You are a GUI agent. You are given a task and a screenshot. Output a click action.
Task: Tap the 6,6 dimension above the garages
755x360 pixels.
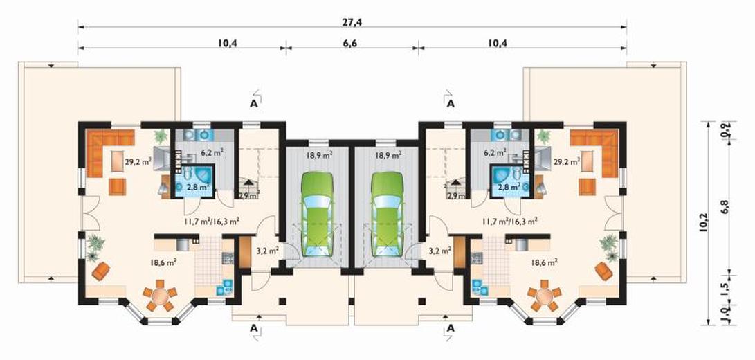(x=350, y=43)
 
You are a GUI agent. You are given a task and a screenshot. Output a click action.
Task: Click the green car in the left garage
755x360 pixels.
(x=318, y=213)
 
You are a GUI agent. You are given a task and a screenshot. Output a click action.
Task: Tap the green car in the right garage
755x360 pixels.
(x=387, y=213)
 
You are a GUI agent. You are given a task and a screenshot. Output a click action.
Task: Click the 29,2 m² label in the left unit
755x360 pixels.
(x=138, y=162)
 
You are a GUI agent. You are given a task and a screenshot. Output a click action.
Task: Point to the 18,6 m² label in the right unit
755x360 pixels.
(x=545, y=262)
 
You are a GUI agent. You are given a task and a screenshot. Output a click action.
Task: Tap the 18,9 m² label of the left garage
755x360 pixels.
(x=318, y=155)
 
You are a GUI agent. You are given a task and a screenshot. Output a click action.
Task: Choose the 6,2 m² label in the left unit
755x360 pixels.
(x=212, y=152)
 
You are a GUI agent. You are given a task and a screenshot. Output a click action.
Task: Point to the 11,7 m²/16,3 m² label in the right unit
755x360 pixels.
(x=510, y=222)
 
